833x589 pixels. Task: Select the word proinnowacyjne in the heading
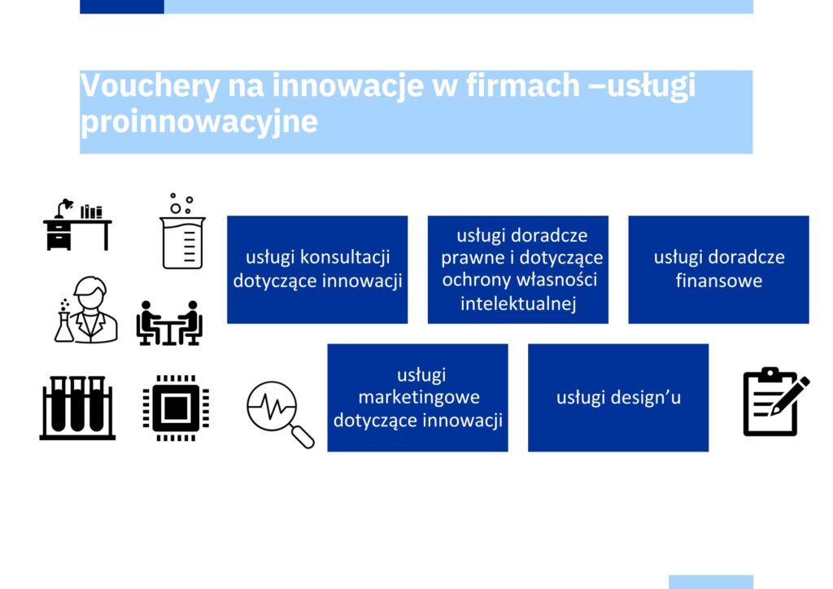click(198, 122)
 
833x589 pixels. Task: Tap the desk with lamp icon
click(77, 224)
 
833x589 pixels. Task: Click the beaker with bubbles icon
click(182, 232)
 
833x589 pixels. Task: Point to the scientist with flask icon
click(86, 310)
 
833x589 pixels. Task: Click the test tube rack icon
click(77, 408)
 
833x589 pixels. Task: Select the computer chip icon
click(176, 408)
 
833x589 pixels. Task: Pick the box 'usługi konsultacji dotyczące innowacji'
click(317, 269)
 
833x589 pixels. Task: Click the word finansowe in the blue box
click(719, 281)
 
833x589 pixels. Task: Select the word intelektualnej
click(518, 303)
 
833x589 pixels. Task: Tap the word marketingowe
click(419, 397)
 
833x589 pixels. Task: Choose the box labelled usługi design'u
click(618, 398)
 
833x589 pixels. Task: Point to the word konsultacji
click(345, 257)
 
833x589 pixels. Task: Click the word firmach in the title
click(523, 85)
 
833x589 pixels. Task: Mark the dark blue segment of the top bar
click(122, 7)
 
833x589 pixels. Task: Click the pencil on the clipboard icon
click(790, 395)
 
